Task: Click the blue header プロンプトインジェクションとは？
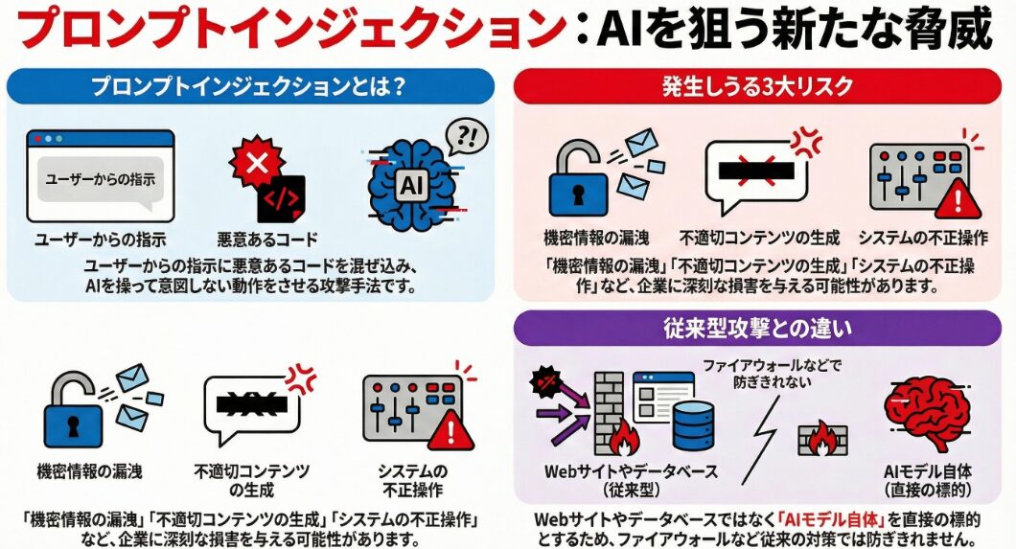pos(250,86)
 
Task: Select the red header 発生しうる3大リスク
pos(757,86)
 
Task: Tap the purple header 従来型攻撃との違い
pos(757,329)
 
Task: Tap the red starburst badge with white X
pos(257,162)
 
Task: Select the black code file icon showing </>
pos(281,198)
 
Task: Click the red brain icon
pos(927,414)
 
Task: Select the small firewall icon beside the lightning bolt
pos(822,439)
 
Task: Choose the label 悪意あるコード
pos(267,240)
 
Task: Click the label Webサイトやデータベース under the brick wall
pos(631,471)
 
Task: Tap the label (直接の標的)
pos(928,490)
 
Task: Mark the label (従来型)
pos(631,490)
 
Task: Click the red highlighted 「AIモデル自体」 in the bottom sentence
pos(831,519)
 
